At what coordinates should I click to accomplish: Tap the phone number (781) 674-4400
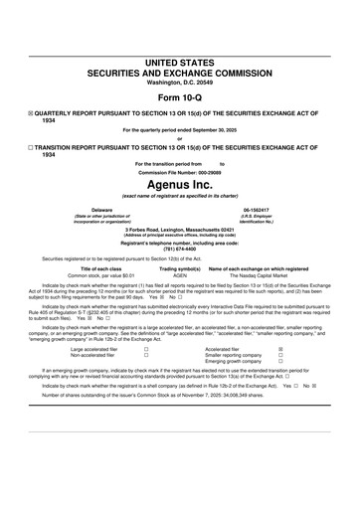pyautogui.click(x=180, y=249)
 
